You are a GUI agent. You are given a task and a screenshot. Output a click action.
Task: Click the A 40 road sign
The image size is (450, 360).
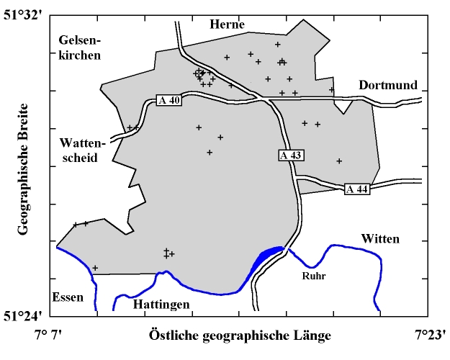tap(169, 100)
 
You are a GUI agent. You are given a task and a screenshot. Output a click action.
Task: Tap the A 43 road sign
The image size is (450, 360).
tap(292, 155)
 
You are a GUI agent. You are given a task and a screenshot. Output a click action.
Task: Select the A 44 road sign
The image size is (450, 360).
tap(356, 189)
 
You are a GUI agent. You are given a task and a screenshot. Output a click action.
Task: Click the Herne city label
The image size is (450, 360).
tap(228, 24)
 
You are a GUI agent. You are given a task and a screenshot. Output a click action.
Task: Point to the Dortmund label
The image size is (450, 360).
tap(388, 85)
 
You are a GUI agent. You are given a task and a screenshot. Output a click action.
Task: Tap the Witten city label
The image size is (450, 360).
tap(380, 238)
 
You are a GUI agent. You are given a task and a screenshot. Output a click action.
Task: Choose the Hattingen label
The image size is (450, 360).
tap(162, 305)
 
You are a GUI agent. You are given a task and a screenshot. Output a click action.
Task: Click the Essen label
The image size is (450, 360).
tap(68, 297)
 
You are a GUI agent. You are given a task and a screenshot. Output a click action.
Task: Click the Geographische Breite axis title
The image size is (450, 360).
tap(23, 170)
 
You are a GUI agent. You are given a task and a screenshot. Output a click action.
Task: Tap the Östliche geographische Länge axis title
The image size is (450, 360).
tap(240, 336)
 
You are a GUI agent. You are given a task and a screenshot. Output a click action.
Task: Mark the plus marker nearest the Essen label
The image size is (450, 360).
tap(94, 268)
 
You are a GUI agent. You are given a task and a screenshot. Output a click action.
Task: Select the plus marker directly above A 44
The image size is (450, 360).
tap(339, 161)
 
